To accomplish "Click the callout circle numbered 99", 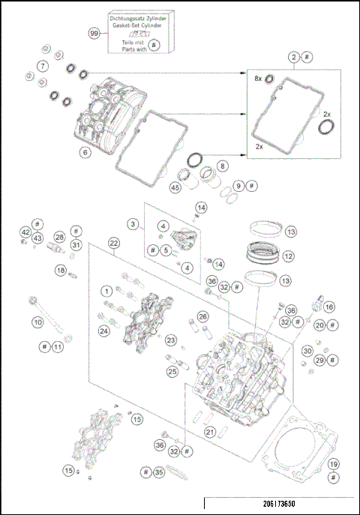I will [x=94, y=34].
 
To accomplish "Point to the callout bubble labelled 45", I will [x=175, y=188].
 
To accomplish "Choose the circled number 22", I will [x=114, y=243].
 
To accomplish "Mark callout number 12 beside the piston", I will [x=289, y=256].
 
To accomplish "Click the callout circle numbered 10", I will [x=37, y=323].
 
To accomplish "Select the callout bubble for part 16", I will [x=328, y=307].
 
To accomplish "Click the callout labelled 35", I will [x=158, y=473].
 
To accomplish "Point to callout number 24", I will [x=103, y=330].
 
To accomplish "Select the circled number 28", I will [x=59, y=237].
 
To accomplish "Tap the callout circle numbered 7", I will [x=44, y=67].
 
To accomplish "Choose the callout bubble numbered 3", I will [x=132, y=223].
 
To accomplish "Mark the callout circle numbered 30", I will [x=307, y=351].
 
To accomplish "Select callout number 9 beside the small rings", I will [x=238, y=185].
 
